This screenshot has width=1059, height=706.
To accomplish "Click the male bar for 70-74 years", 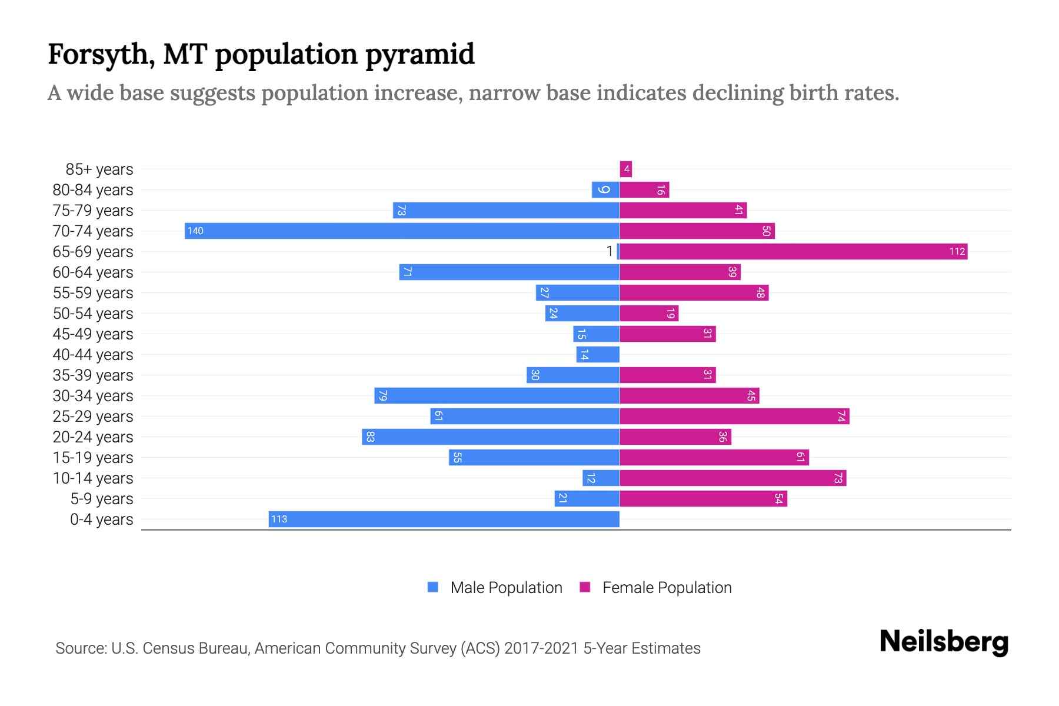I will coord(402,231).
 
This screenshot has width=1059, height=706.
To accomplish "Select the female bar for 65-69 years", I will coord(793,252).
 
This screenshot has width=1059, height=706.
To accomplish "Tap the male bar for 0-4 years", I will coord(444,519).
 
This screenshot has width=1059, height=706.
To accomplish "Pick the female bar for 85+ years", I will coord(625,169).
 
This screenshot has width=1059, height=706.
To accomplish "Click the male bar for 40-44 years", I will coord(598,354).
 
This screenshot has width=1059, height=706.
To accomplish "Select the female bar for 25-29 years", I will coord(734,417).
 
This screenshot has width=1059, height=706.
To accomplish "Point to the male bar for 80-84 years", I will coord(605,190).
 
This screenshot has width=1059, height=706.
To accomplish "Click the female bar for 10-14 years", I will coord(732,478).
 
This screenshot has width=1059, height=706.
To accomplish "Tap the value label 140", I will coord(195,231).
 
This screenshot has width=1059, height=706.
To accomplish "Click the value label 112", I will coord(957,252).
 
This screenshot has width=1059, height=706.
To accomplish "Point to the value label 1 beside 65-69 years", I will coord(610,252).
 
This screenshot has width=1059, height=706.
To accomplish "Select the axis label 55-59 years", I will coord(93,293).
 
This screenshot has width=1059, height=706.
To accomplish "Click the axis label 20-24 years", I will coord(93,437).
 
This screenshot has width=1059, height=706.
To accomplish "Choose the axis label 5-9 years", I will coord(102,499).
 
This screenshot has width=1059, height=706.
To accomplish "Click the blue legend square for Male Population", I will coord(433,587).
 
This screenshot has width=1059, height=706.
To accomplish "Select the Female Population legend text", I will coord(667,587).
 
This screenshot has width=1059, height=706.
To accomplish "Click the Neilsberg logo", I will coord(944,642).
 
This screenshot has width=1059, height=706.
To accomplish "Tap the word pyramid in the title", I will coord(419,55).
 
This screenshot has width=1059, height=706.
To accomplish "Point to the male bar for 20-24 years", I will coord(491,437).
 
